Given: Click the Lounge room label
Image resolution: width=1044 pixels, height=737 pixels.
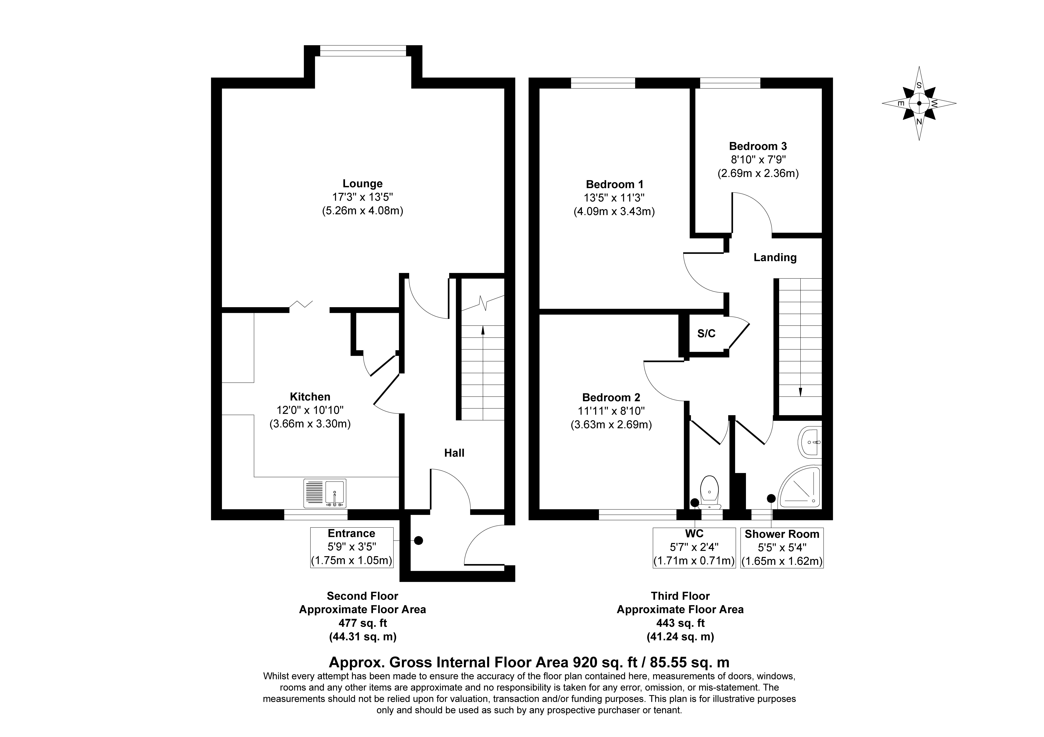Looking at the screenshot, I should (362, 184).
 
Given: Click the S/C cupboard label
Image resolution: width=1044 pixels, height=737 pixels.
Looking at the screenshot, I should (706, 334).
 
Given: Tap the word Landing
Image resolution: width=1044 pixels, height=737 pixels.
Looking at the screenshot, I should (775, 258).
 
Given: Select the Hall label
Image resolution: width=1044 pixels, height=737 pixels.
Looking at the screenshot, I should (454, 453).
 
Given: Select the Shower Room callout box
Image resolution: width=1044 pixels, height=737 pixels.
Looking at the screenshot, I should (782, 547).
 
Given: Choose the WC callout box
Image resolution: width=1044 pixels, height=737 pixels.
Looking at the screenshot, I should (694, 547).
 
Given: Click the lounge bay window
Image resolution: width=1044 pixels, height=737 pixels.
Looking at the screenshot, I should (363, 51).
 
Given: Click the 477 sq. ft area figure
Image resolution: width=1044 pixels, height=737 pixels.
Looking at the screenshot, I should (362, 623).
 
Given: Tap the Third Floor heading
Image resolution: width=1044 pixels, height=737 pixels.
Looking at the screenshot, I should (680, 596).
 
